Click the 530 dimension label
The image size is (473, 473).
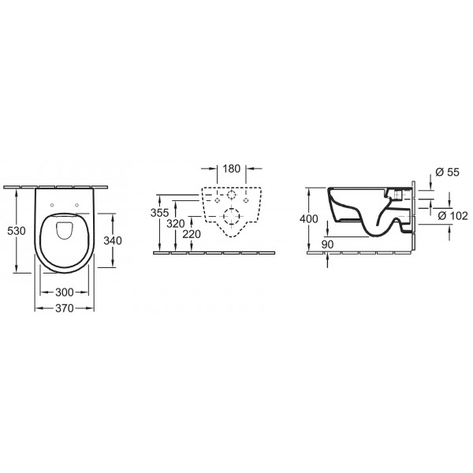click(x=17, y=231)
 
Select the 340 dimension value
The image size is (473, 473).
click(x=113, y=240)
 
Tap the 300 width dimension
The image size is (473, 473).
click(x=65, y=292)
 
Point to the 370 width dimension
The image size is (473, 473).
click(x=65, y=308)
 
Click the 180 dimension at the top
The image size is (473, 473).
click(x=231, y=169)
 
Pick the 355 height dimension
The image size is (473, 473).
click(x=159, y=213)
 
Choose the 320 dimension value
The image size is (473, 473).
click(x=176, y=224)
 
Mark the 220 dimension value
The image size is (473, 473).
click(x=192, y=234)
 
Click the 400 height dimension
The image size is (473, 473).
click(x=309, y=218)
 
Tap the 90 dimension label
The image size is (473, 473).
click(x=327, y=244)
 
